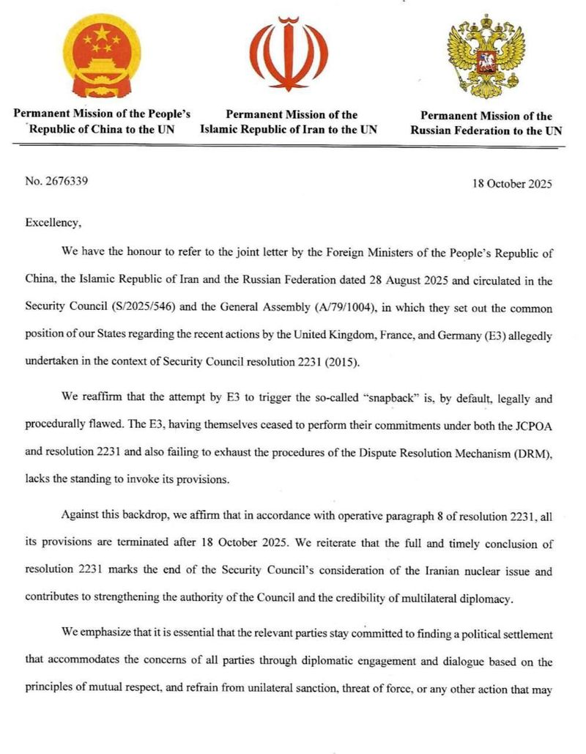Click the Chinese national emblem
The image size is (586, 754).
tap(102, 56)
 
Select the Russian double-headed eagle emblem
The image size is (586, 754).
tap(486, 56)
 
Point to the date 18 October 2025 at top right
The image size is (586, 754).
tap(513, 182)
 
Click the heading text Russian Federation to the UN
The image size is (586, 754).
tap(486, 131)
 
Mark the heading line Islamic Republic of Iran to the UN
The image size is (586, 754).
tap(289, 130)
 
